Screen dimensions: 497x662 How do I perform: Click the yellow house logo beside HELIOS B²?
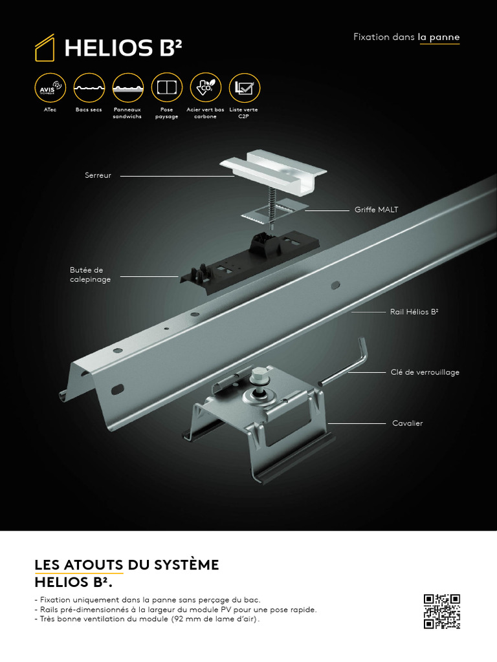pyautogui.click(x=45, y=48)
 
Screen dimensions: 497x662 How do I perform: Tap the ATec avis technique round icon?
pyautogui.click(x=50, y=88)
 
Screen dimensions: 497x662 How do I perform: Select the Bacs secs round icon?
pyautogui.click(x=89, y=88)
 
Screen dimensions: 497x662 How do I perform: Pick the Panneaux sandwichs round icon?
pyautogui.click(x=127, y=88)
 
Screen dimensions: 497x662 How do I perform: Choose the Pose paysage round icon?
pyautogui.click(x=166, y=88)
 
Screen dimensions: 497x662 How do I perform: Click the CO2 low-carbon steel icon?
pyautogui.click(x=205, y=88)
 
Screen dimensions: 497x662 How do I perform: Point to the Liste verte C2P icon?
pyautogui.click(x=244, y=88)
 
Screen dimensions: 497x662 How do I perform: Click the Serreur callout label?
pyautogui.click(x=98, y=175)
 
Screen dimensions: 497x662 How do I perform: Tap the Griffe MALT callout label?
pyautogui.click(x=376, y=209)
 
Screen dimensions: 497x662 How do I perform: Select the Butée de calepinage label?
pyautogui.click(x=91, y=275)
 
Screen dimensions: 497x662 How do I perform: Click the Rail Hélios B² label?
pyautogui.click(x=414, y=312)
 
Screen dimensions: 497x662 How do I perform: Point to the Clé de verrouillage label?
pyautogui.click(x=425, y=372)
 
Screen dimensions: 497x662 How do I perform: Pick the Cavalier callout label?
pyautogui.click(x=408, y=423)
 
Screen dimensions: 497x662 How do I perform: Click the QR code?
pyautogui.click(x=442, y=612)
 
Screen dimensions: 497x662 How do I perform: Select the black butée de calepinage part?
pyautogui.click(x=249, y=260)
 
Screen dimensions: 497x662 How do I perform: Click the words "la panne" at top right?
pyautogui.click(x=439, y=37)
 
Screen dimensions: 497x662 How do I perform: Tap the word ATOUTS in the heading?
pyautogui.click(x=94, y=565)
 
